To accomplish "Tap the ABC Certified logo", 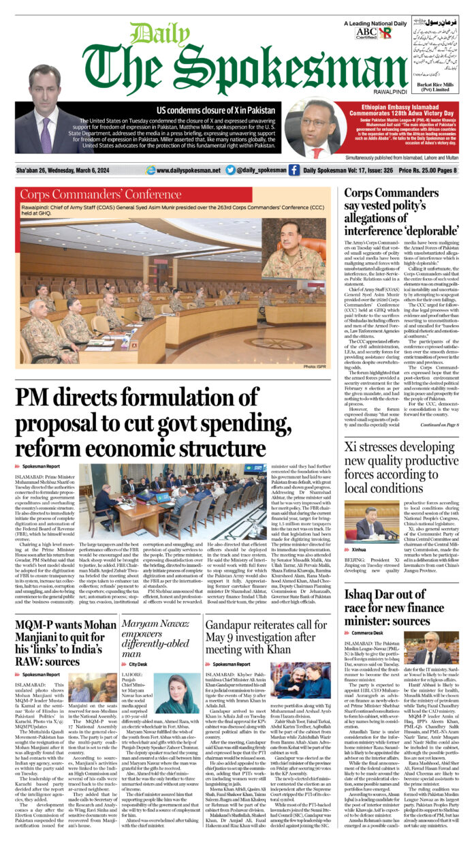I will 366,32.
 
